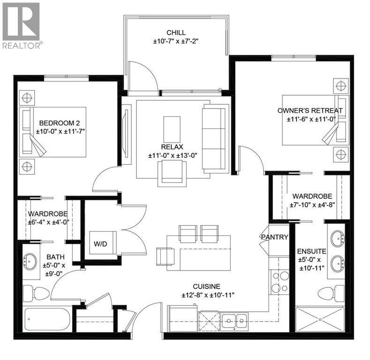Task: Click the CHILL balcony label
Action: pyautogui.click(x=176, y=33)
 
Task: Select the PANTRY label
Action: pyautogui.click(x=274, y=237)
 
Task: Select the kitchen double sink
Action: pyautogui.click(x=234, y=321)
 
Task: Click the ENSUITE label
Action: pyautogui.click(x=312, y=251)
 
